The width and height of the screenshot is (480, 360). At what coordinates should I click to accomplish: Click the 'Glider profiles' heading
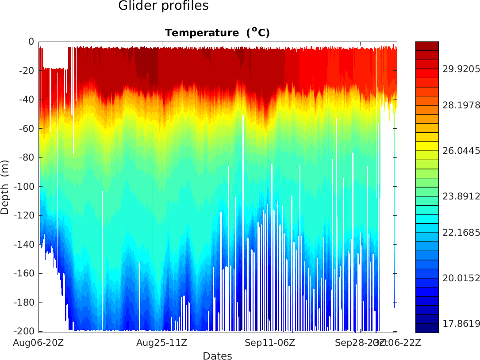pos(163,6)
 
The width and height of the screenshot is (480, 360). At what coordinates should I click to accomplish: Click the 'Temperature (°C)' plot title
pos(217,33)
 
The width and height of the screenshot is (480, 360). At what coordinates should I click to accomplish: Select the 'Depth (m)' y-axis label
pos(5,187)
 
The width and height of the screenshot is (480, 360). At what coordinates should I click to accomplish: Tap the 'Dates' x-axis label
pos(217,356)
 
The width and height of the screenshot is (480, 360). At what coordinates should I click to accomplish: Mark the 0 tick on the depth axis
pos(31,42)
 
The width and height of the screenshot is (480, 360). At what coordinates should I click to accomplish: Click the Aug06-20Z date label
pos(38,342)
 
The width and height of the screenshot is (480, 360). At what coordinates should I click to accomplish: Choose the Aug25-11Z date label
pos(161,342)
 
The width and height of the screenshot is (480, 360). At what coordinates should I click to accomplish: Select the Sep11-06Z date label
pos(270,342)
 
